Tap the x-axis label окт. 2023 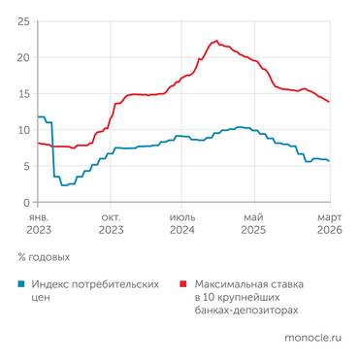click(x=112, y=224)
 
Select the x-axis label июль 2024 click(x=182, y=224)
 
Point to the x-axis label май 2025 click(x=253, y=224)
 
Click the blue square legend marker click(x=21, y=284)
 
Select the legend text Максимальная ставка click(x=247, y=284)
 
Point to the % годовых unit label click(x=44, y=257)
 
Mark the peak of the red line click(x=215, y=41)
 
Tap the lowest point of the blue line click(x=62, y=184)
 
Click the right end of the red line click(x=329, y=101)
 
